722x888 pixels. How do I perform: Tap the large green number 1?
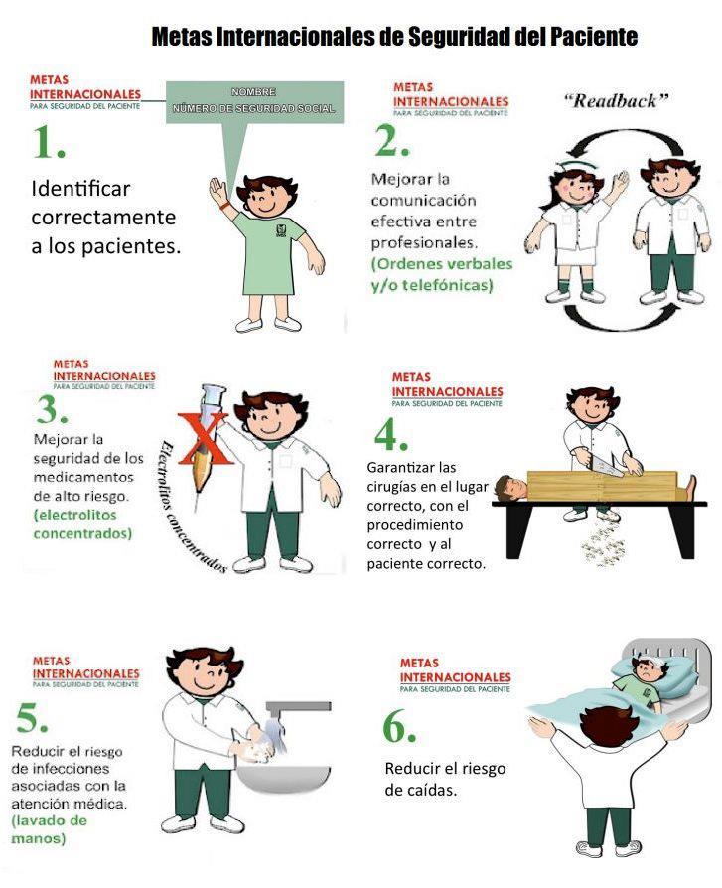pos(48,142)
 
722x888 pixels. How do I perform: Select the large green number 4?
pos(390,437)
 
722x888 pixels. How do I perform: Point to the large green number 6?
pos(399,727)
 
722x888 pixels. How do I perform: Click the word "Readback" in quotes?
pos(616,100)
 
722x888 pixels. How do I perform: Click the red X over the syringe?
pos(205,439)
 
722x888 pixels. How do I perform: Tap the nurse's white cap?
pos(575,166)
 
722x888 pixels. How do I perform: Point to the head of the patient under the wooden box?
pos(510,488)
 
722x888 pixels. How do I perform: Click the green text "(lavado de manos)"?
pos(49,829)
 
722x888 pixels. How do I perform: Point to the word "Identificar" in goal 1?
pos(80,188)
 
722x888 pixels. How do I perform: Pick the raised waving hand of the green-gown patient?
pos(217,191)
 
